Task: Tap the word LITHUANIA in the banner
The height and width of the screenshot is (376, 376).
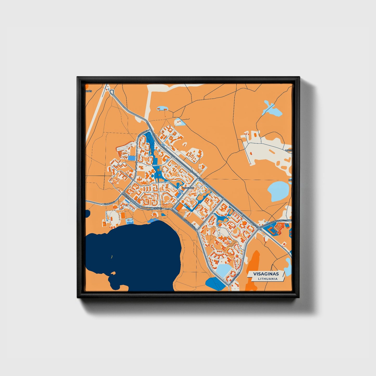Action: point(267,279)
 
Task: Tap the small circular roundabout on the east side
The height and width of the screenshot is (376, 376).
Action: point(259,228)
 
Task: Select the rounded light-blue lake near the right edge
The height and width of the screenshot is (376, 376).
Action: point(278,191)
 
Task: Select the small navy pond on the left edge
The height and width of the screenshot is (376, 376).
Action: point(87,214)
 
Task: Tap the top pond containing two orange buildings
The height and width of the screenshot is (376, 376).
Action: point(162,108)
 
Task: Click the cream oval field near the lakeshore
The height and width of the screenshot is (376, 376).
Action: point(113,216)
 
